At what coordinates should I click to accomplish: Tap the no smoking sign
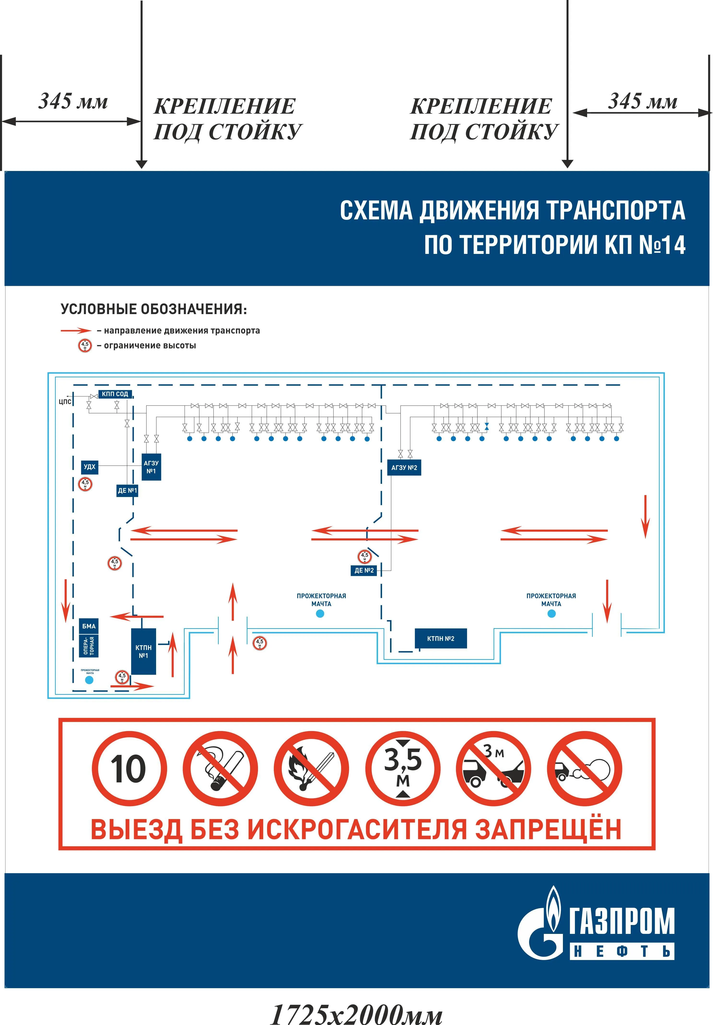[220, 769]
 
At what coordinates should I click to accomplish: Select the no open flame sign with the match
[311, 769]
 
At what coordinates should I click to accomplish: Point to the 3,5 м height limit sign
[403, 769]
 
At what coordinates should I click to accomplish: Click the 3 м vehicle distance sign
[493, 769]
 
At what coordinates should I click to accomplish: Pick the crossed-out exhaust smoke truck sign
[584, 769]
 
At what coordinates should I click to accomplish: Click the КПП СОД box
[115, 394]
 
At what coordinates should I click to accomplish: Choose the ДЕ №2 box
[364, 570]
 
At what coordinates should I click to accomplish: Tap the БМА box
[89, 626]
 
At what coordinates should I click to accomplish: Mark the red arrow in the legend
[76, 331]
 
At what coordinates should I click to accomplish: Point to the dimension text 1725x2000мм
[356, 1013]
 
